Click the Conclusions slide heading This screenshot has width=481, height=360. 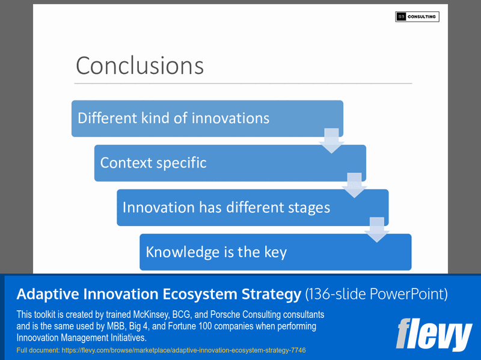(x=139, y=66)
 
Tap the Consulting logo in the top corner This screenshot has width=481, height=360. (x=417, y=17)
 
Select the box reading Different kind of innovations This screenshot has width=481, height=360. (x=207, y=118)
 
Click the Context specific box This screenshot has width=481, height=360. (x=230, y=163)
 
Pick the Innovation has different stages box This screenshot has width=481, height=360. (x=252, y=207)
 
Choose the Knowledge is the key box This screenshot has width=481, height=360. (x=275, y=252)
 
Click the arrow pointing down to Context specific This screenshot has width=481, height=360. (x=331, y=140)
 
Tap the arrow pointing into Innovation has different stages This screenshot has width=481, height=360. (x=354, y=185)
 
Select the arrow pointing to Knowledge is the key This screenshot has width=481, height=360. (x=377, y=229)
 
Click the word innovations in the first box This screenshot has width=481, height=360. (x=230, y=118)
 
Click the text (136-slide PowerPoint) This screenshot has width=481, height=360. (x=376, y=294)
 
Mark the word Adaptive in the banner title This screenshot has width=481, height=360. (x=46, y=294)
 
